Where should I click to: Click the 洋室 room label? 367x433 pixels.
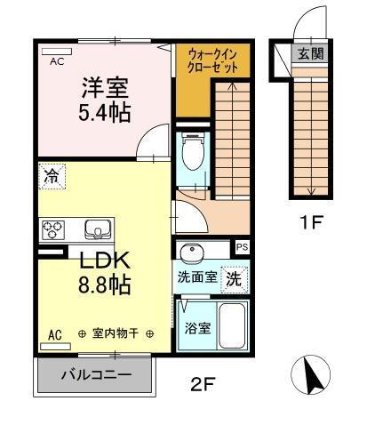[105, 91]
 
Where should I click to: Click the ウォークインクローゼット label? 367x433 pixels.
[215, 60]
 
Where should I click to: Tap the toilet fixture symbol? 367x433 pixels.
[191, 153]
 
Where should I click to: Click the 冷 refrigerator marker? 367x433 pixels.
[51, 177]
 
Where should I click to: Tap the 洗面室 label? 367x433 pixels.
[196, 277]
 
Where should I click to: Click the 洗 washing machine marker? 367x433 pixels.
[233, 277]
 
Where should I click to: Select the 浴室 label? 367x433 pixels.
[197, 327]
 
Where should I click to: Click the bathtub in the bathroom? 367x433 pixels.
[233, 326]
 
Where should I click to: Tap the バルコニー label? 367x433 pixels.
[96, 374]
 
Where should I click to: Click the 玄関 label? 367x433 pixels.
[310, 52]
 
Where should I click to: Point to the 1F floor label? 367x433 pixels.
[310, 223]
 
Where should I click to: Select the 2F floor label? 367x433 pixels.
[203, 385]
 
